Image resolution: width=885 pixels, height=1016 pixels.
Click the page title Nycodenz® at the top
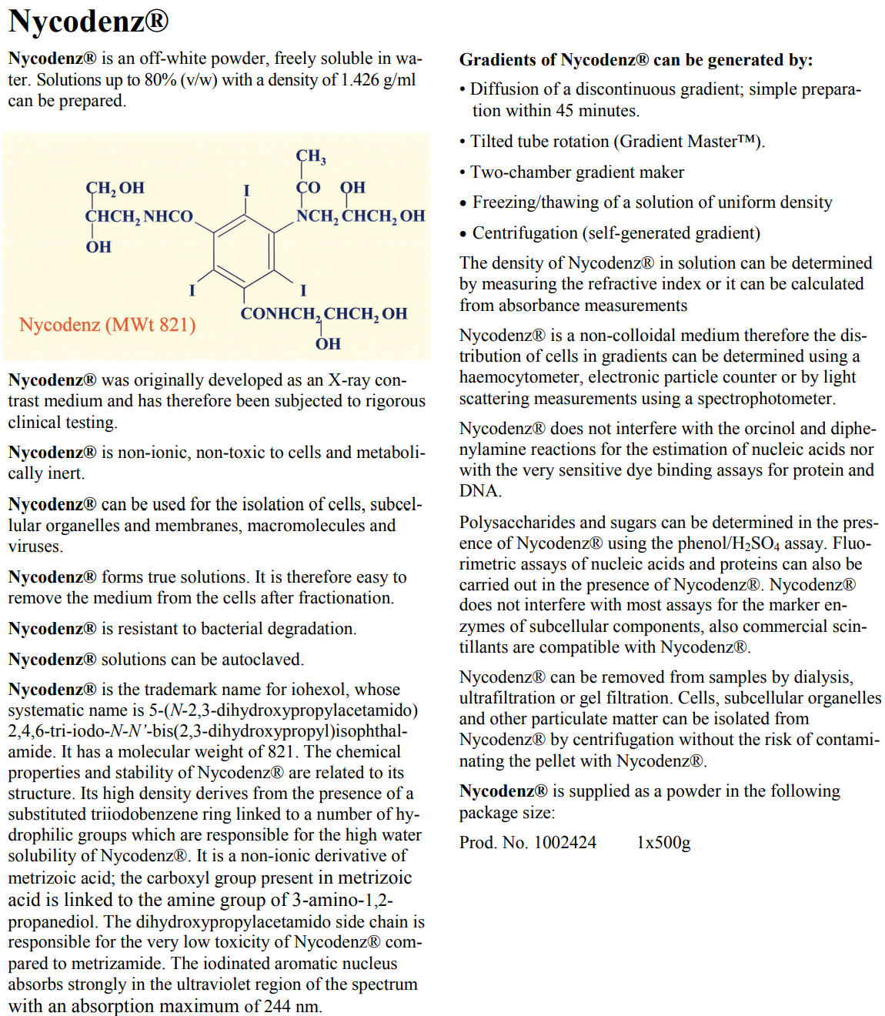coord(88,21)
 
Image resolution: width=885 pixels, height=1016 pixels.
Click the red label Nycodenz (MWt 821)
coord(108,325)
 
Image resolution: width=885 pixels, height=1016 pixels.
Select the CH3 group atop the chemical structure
coord(311,156)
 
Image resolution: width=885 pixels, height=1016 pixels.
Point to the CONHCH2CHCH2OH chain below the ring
coord(323,314)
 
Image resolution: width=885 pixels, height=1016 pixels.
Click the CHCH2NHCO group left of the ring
coord(139,216)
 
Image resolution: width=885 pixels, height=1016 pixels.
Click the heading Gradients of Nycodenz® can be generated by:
coord(636,60)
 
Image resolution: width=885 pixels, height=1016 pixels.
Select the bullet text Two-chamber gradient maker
coord(577,172)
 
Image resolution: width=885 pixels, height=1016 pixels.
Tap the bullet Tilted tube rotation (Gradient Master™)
coord(617,142)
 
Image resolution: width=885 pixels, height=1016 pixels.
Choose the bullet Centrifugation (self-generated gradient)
coord(616,233)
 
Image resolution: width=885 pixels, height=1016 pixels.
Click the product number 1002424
coord(565,843)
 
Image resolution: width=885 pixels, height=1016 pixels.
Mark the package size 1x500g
coord(663,843)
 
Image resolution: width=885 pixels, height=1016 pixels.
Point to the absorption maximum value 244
coord(277,1006)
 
